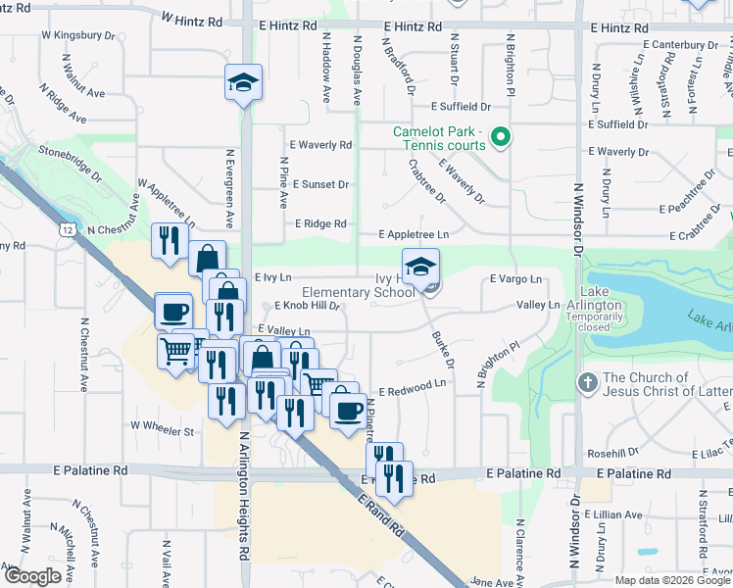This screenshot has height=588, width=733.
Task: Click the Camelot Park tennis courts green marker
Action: coord(501,137)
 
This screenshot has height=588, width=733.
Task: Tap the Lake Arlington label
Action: coord(601,299)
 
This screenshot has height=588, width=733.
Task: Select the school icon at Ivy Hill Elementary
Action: coord(420,265)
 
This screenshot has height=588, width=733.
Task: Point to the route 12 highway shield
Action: coord(67,228)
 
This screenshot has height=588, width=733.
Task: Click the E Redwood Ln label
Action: coord(413,389)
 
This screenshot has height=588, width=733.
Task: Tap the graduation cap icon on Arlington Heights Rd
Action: coord(242,83)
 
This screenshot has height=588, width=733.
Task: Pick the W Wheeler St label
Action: coord(163,429)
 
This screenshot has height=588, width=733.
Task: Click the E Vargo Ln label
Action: coord(515,279)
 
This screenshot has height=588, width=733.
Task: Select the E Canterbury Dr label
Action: coord(681,44)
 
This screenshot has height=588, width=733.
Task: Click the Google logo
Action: coord(31,576)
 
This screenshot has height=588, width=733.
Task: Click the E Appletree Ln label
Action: coord(415,234)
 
